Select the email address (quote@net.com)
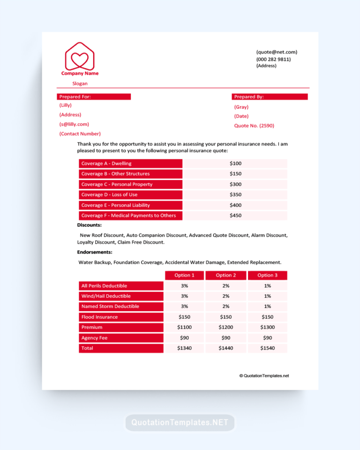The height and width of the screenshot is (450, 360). point(277,52)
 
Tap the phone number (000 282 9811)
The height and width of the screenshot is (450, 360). point(273,59)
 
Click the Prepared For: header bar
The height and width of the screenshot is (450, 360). point(94,97)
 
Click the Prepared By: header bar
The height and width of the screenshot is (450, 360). point(270,97)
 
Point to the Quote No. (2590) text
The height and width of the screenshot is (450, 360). point(254,126)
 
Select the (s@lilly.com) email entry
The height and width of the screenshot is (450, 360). point(74,124)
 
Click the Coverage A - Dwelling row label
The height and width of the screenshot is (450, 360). point(130,164)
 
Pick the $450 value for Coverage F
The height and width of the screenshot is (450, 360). point(235,216)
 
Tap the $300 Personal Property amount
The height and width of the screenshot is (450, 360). point(235,184)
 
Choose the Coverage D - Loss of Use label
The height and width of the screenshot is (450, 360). point(130,195)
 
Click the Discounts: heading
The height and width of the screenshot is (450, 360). point(89,225)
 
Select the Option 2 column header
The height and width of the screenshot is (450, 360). point(225,275)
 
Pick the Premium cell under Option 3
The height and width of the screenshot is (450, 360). point(267,327)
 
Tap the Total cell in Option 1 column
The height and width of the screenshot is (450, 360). point(184,348)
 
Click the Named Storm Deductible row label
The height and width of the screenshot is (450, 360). point(121,307)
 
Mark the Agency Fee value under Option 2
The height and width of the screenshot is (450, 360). point(225,337)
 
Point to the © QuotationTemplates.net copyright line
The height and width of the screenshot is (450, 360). point(264,375)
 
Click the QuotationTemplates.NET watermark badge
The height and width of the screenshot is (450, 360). point(180,422)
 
